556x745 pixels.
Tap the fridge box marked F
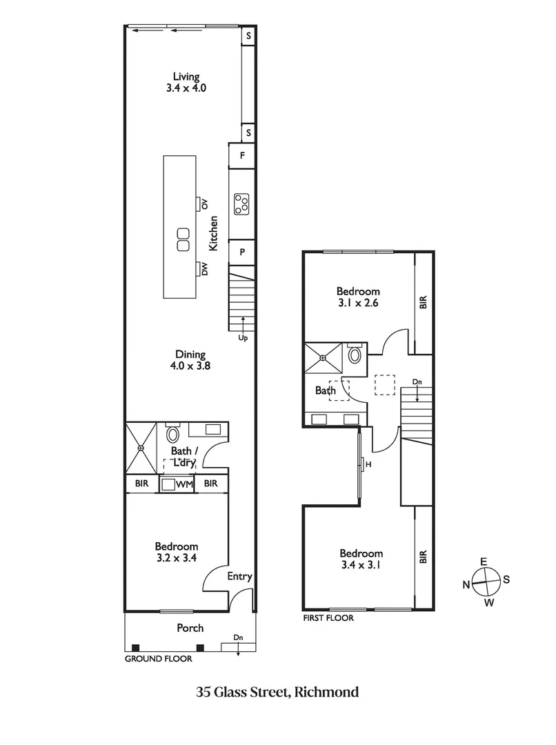pos(242,156)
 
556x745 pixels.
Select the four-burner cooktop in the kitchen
pos(242,203)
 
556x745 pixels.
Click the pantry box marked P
pos(242,252)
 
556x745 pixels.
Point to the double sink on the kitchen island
pos(183,239)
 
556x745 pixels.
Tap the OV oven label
pos(205,203)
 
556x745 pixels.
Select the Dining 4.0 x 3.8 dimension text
pos(190,367)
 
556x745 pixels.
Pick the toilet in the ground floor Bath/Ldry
pos(172,435)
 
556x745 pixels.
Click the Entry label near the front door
pos(239,577)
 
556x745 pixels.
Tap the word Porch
pos(190,628)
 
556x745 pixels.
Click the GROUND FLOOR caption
pos(158,659)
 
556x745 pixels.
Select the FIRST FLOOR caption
pos(328,618)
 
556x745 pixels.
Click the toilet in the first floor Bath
pos(355,355)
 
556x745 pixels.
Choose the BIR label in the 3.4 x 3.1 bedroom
pos(424,557)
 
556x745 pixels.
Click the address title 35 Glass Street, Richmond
pos(277,692)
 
